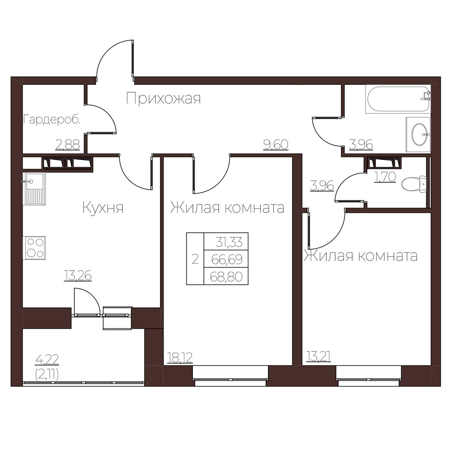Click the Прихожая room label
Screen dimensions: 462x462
coord(163,99)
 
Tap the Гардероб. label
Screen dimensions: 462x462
coord(52,120)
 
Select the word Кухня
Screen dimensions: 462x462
coord(103,208)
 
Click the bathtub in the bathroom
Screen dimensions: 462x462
coord(398,99)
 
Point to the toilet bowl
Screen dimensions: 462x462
coord(414,184)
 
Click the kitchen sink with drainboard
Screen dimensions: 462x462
coord(34,189)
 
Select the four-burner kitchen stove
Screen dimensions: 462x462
coord(34,248)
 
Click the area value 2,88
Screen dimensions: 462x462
coord(68,145)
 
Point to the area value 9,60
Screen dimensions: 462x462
coord(276,145)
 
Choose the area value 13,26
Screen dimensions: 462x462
coord(78,276)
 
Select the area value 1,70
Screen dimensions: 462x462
coord(385,177)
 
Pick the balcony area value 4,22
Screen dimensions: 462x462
coord(47,360)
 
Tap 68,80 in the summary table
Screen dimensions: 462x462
coord(226,277)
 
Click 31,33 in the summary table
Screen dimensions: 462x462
coord(229,242)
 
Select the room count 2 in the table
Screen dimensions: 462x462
coord(195,259)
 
